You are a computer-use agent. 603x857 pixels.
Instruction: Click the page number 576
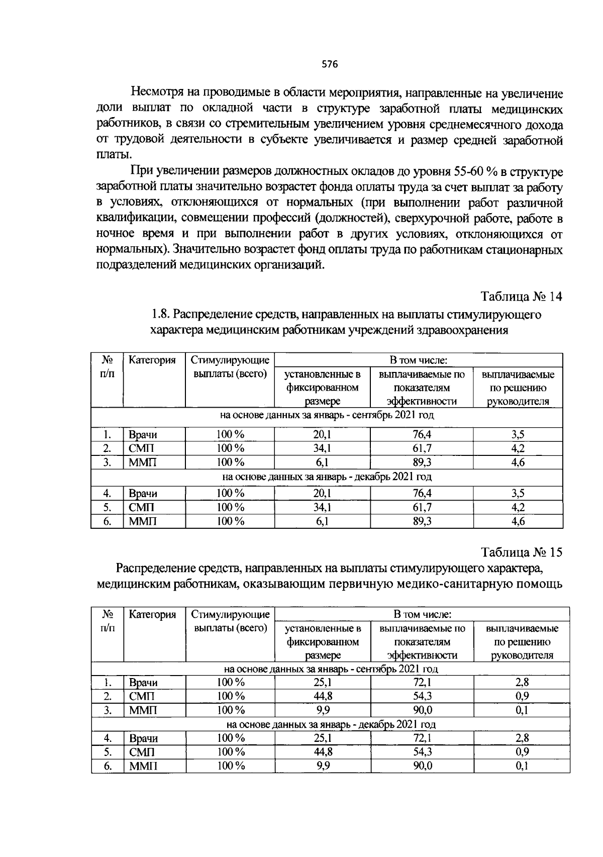330,64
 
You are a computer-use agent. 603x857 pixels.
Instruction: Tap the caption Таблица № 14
522,297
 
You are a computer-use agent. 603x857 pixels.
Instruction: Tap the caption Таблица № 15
522,552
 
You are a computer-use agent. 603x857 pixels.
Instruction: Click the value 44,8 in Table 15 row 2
323,696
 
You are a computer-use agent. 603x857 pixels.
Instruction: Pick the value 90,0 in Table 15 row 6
422,766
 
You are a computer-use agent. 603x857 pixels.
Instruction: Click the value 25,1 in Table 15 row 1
323,683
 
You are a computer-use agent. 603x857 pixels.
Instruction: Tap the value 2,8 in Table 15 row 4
522,738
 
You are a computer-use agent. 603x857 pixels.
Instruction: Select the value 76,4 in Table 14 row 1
422,435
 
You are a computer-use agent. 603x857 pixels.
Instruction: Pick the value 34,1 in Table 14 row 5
322,508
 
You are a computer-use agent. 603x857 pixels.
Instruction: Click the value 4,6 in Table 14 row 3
518,462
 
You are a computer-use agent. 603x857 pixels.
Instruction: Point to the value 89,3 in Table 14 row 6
422,522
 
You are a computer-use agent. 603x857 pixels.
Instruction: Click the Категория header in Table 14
152,360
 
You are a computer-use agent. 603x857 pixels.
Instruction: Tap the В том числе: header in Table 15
422,614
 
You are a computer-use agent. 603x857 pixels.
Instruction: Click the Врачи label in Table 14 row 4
143,494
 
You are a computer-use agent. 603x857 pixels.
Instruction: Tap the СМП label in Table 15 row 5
142,752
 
